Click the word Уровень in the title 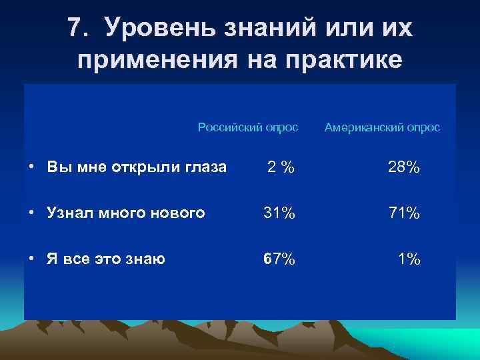(159, 29)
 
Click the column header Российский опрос (248, 127)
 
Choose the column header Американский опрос (382, 127)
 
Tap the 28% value (404, 167)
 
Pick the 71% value (404, 213)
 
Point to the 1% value (409, 259)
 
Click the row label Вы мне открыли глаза (137, 167)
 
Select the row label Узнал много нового (125, 213)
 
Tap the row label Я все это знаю (106, 259)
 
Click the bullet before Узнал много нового (32, 213)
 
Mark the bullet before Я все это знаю (32, 259)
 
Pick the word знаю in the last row (147, 259)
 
